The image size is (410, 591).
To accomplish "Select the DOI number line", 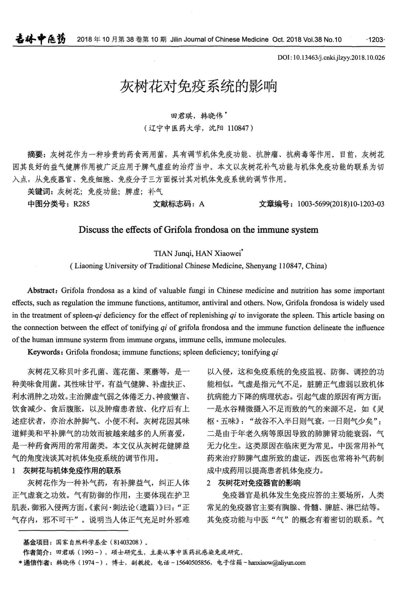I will [x=331, y=57].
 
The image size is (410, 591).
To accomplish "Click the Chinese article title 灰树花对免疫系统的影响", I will [x=198, y=86].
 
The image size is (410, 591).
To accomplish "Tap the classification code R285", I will [x=81, y=204].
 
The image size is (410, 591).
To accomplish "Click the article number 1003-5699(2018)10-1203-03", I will [x=341, y=204].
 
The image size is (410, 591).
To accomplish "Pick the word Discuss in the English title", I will [x=94, y=230].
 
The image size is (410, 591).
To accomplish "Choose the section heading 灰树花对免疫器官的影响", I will [x=259, y=483].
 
